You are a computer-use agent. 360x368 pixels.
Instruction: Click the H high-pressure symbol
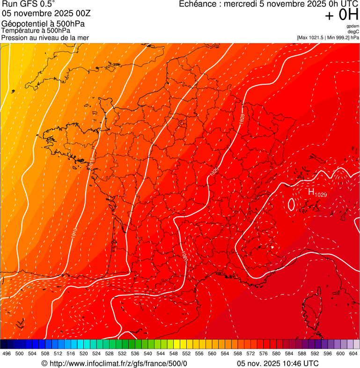(x=311, y=192)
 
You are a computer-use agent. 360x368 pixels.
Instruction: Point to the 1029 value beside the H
(x=321, y=194)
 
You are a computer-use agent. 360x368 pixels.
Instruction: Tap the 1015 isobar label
(x=91, y=160)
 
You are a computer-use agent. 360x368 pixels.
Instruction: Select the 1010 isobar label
(x=74, y=233)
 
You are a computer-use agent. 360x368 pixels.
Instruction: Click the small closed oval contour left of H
(x=291, y=204)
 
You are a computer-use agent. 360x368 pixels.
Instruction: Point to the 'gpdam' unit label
(x=353, y=26)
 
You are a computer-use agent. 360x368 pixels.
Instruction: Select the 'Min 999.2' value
(x=337, y=37)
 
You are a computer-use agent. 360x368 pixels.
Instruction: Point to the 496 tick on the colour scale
(x=7, y=354)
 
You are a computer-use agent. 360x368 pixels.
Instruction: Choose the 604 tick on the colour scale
(x=353, y=354)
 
